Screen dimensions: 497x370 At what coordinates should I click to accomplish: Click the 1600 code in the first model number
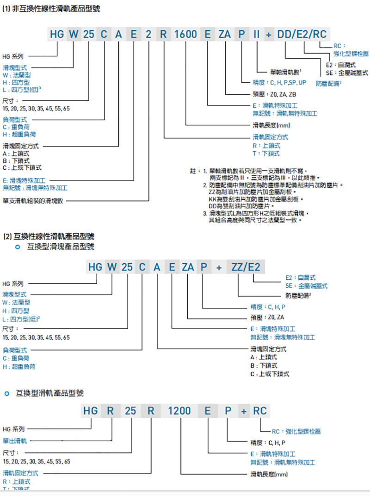pos(186,34)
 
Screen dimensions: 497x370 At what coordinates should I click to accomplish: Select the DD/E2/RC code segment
pos(302,34)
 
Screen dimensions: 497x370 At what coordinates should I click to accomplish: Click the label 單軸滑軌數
pos(285,72)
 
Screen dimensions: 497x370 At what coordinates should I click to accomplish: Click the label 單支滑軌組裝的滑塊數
pos(35,201)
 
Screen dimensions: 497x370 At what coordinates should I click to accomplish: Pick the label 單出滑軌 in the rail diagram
pos(15,441)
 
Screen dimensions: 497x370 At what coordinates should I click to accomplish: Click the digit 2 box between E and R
pos(148,34)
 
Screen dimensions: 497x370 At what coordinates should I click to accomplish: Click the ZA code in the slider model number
pos(188,267)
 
